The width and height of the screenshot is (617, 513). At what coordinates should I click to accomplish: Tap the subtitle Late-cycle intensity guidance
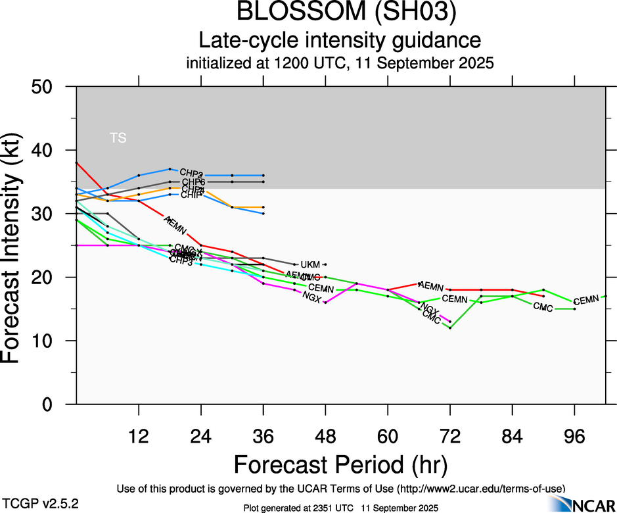pos(340,41)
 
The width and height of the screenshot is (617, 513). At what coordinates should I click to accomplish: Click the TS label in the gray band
pos(118,138)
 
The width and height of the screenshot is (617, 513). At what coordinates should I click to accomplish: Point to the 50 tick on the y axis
pos(58,87)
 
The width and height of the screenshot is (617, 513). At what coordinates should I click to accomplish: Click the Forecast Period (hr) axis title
pos(340,464)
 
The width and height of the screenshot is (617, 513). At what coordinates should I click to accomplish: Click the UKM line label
pos(309,264)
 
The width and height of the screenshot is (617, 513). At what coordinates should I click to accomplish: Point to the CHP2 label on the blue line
pos(191,173)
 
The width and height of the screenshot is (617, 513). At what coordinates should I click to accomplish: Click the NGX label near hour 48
pos(311,296)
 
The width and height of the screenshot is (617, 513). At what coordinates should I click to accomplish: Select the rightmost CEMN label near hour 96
pos(586,301)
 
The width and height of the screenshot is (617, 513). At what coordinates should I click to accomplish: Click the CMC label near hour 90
pos(543,307)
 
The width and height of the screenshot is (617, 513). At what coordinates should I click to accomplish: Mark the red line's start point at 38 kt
pos(77,162)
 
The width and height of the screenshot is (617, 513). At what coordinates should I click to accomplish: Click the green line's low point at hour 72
pos(450,328)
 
